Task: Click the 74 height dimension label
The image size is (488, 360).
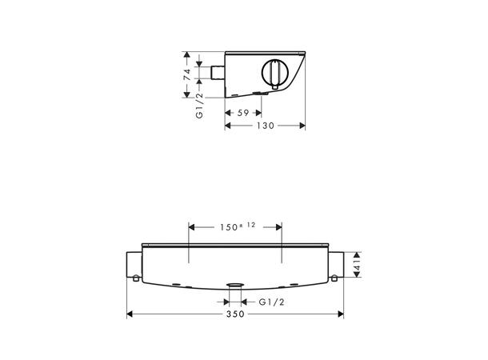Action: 186,74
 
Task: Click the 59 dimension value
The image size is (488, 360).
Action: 243,113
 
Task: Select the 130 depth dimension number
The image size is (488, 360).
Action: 266,126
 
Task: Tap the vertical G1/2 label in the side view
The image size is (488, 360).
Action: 199,106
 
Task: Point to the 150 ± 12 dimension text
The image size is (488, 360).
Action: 238,226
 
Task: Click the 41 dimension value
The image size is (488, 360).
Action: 357,265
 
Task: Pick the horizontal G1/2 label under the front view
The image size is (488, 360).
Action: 271,302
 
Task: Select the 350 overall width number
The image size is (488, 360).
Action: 235,314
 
